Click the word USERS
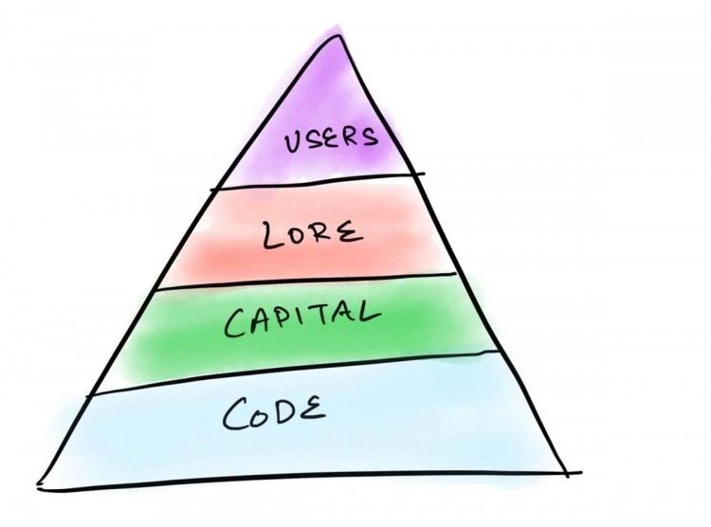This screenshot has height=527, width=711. (x=332, y=138)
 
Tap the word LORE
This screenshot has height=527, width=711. (x=314, y=234)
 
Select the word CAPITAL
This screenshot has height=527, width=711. (x=302, y=318)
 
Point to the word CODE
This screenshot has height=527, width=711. (x=274, y=412)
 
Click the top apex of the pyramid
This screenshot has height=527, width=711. (x=338, y=35)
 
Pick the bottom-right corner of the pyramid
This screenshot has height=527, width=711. (x=567, y=474)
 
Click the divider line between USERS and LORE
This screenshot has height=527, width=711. (x=318, y=181)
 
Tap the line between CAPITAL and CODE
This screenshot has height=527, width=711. (x=294, y=373)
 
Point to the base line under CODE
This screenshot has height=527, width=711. (x=309, y=481)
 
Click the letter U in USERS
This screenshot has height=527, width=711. (x=293, y=142)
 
